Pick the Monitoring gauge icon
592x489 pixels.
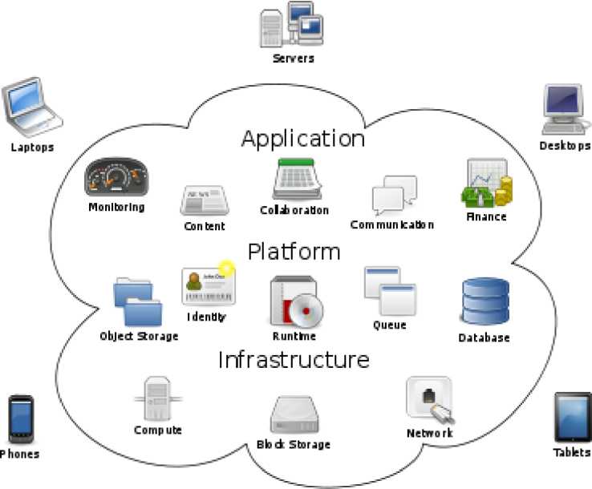(116, 177)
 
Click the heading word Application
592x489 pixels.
(303, 139)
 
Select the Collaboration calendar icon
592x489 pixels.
(296, 179)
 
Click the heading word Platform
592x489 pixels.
(294, 252)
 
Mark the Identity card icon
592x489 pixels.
(208, 285)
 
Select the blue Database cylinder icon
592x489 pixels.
(485, 301)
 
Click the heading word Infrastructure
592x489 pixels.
(294, 360)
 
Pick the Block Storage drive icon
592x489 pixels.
(294, 415)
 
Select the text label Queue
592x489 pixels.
(390, 325)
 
